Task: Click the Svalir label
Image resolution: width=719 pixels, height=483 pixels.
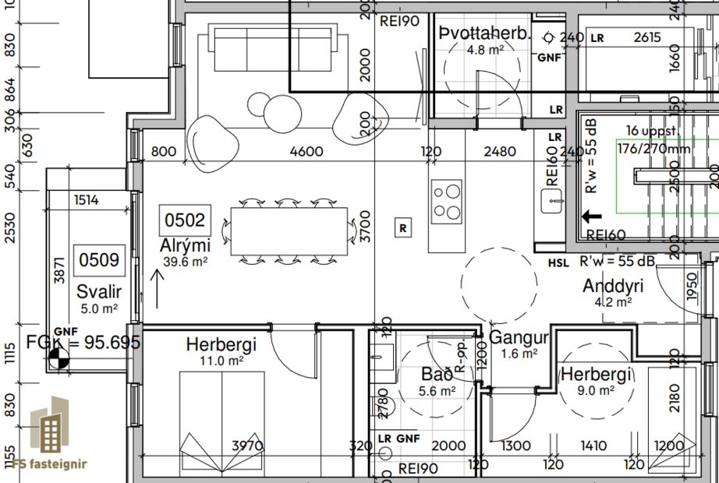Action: [x=99, y=292]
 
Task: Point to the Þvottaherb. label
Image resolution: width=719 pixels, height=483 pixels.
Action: [x=484, y=34]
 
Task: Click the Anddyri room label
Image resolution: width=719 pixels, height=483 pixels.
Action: [x=614, y=286]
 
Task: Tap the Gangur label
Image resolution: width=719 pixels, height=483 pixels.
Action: [x=519, y=338]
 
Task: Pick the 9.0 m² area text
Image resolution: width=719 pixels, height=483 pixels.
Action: [x=595, y=391]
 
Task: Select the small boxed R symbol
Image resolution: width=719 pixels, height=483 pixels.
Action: [x=402, y=228]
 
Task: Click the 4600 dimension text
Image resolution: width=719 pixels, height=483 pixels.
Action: [x=306, y=152]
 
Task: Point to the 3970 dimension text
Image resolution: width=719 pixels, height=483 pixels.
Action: [x=248, y=446]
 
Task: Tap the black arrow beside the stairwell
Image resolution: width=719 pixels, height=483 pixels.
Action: [x=592, y=218]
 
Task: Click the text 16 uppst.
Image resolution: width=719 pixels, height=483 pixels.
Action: [x=647, y=131]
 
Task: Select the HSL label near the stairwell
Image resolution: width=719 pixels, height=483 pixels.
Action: [x=558, y=263]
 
